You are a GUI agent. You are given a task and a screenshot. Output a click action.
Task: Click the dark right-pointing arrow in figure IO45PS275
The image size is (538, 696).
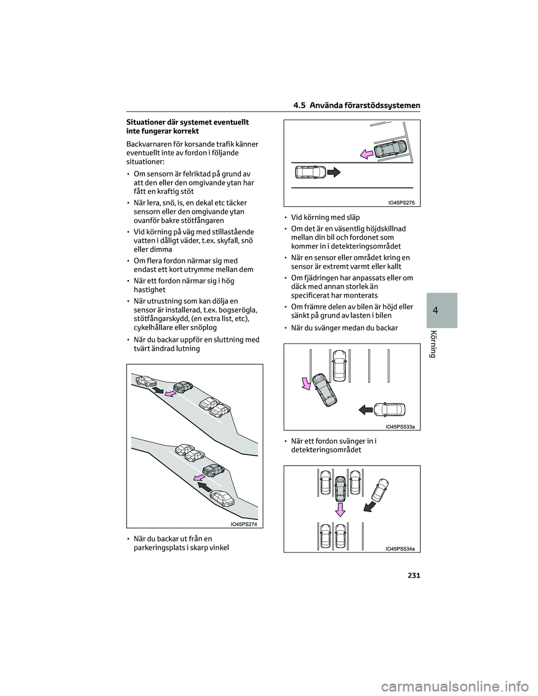click(333, 172)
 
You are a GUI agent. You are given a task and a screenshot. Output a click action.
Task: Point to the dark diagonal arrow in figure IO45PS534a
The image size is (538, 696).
click(369, 506)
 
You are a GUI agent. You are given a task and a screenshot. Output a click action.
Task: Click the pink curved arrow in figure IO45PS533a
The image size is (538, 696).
click(306, 383)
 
